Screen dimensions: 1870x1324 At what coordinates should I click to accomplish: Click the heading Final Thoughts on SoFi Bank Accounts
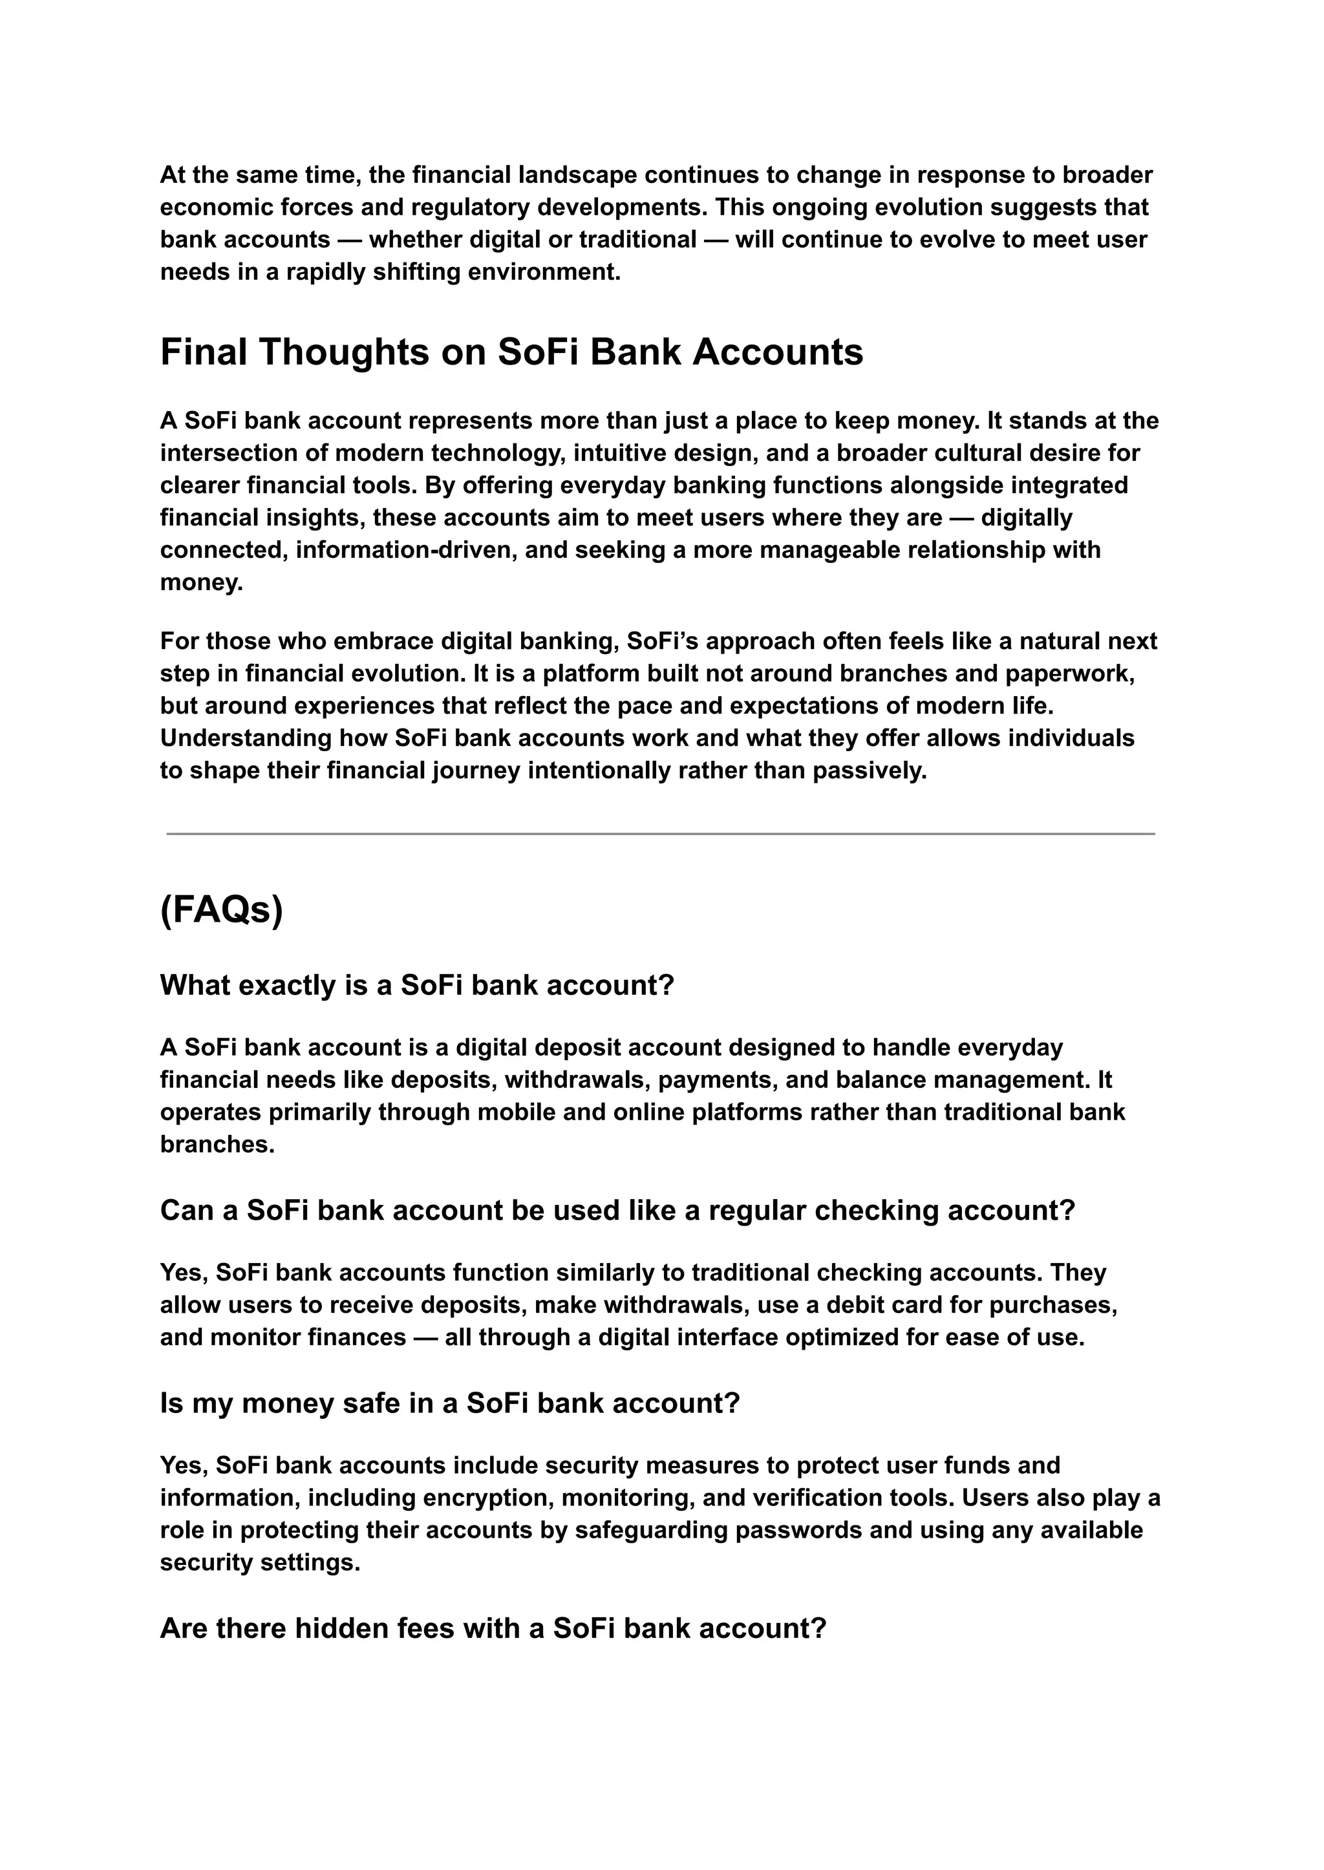[511, 352]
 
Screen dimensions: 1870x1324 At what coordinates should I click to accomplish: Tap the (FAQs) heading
[221, 909]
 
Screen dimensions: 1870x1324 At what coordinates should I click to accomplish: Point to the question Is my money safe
[449, 1403]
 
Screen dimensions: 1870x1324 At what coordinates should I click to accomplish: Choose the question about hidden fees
[493, 1628]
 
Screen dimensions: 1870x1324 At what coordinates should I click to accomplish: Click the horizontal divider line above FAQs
[660, 834]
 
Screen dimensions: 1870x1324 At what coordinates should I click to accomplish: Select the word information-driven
[406, 549]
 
